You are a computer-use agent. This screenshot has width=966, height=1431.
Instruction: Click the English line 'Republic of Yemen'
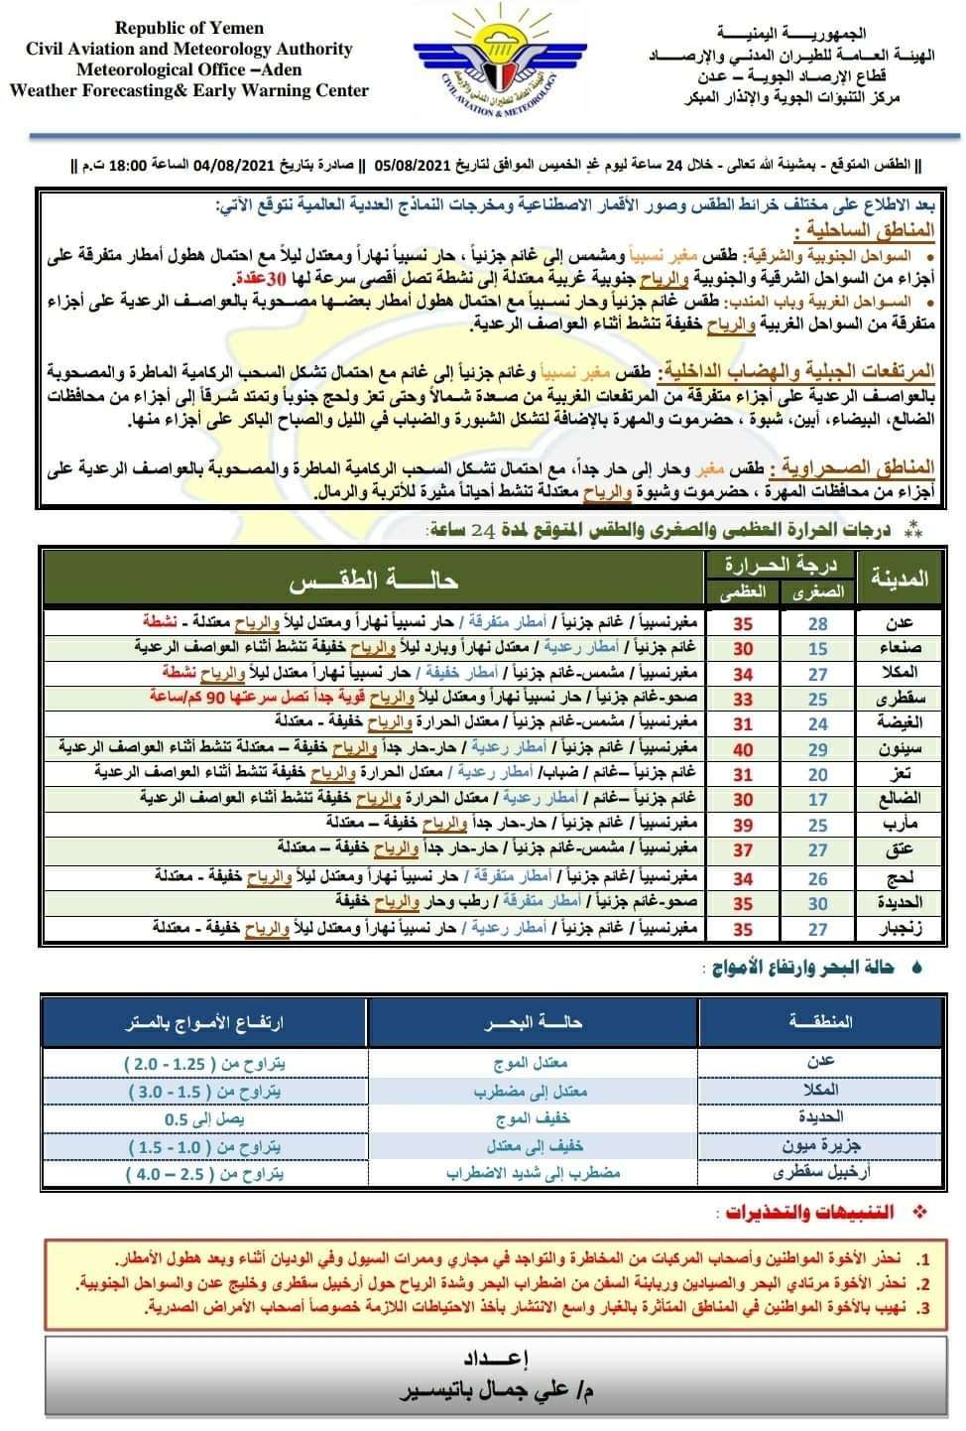point(188,29)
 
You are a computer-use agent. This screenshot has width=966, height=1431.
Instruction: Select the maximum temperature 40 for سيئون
point(743,749)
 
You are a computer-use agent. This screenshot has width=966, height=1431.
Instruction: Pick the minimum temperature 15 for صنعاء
point(817,648)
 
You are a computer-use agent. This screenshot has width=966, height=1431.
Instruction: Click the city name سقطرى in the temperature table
point(899,699)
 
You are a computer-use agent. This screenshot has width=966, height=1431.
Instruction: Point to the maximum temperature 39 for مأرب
point(743,826)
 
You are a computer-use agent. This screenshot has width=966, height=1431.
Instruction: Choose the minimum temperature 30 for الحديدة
point(817,903)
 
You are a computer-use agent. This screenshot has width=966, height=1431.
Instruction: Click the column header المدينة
point(899,577)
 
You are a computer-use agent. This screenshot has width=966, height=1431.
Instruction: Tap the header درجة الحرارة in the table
point(781,565)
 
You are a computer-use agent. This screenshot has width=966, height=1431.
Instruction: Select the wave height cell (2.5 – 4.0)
point(205,1173)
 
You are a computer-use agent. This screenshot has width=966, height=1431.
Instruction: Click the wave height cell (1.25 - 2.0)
point(205,1063)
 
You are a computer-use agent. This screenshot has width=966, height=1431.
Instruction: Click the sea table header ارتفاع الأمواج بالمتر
point(204,1023)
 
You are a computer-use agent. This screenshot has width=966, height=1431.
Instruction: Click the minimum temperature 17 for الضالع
point(817,800)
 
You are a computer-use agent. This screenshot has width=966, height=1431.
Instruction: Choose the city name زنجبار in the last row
point(899,929)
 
